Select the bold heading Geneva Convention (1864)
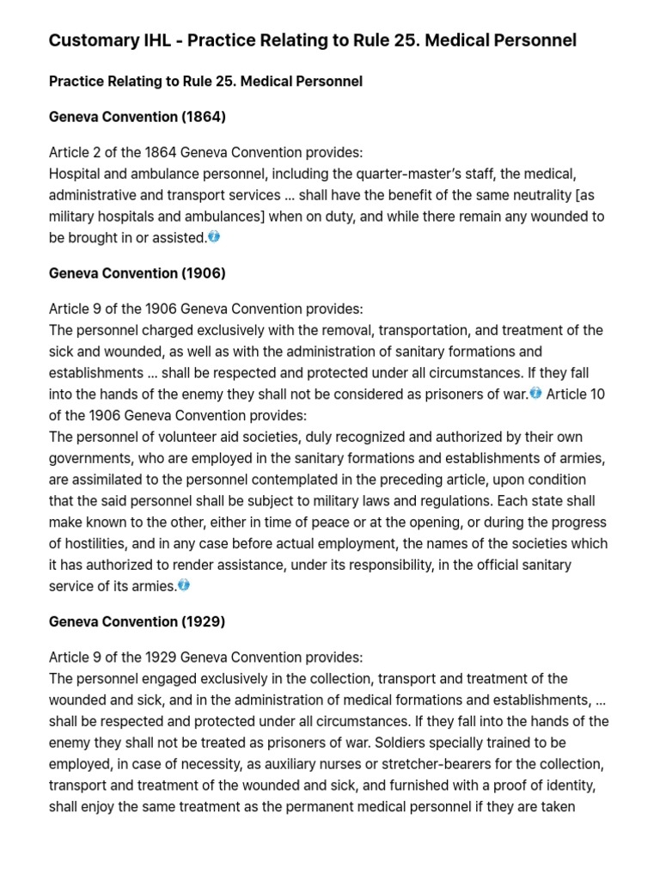click(137, 116)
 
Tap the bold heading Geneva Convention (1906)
click(137, 273)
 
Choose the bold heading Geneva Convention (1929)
click(137, 620)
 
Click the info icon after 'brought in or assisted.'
click(214, 236)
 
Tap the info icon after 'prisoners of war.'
click(535, 393)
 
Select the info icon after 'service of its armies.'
click(184, 584)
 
